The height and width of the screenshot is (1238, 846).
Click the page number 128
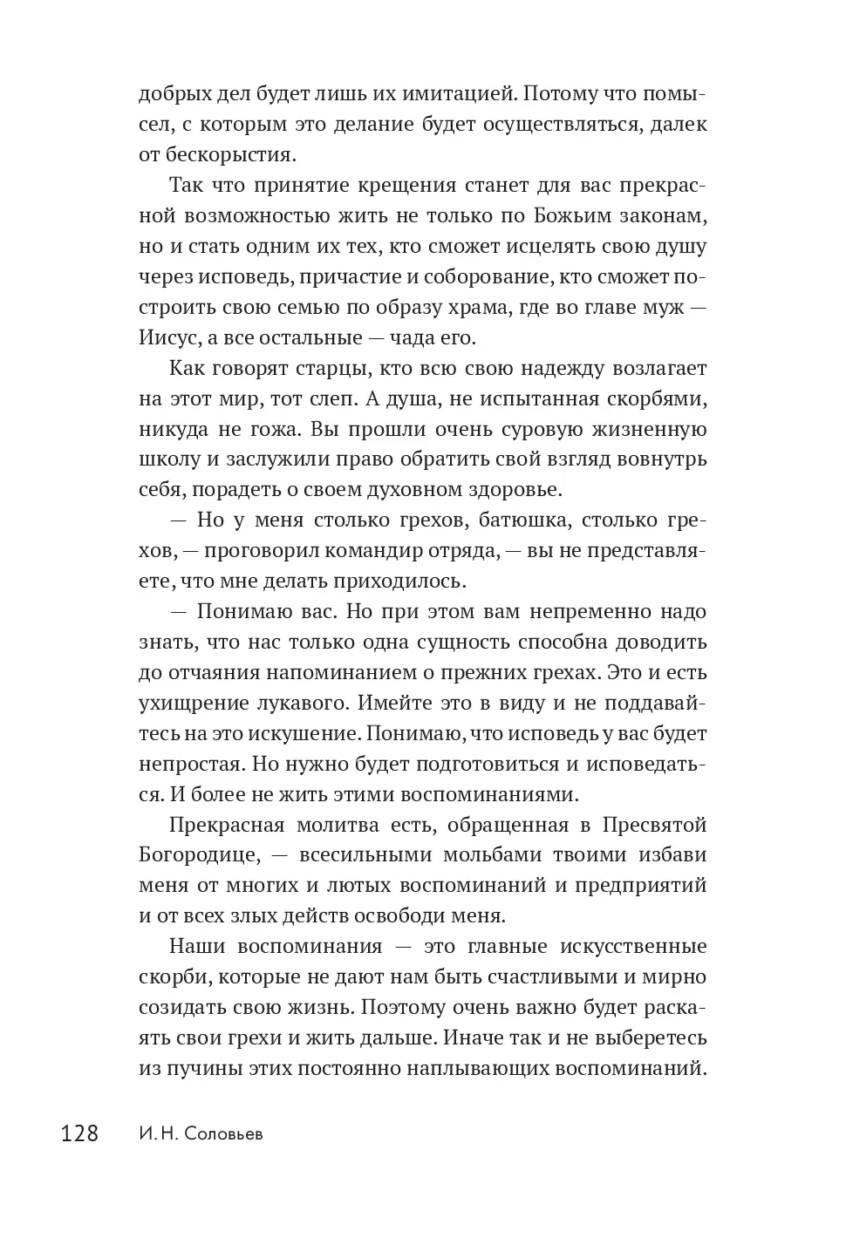pyautogui.click(x=79, y=1133)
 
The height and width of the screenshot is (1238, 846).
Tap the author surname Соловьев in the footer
pyautogui.click(x=222, y=1134)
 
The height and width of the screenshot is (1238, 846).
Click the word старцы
pyautogui.click(x=353, y=368)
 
